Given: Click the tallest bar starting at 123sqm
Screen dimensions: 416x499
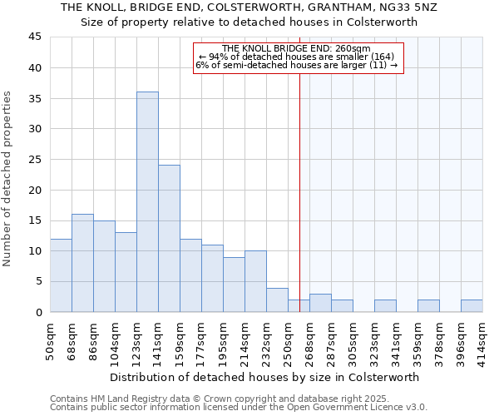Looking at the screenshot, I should click(x=147, y=201).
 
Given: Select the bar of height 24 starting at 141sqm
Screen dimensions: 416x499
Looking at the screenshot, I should click(x=169, y=238).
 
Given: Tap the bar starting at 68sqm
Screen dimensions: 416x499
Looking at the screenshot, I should click(x=82, y=263).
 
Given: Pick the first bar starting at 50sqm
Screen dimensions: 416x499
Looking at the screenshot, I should click(x=61, y=275).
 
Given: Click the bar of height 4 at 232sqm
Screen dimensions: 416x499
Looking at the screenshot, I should click(x=277, y=300).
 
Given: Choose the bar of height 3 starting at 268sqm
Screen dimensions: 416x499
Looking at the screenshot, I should click(x=320, y=303).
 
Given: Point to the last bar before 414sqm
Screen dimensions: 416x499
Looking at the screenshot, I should click(x=472, y=305).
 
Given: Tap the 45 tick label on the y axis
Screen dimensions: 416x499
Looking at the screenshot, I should click(x=34, y=37).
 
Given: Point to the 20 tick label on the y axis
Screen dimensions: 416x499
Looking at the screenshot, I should click(x=34, y=190).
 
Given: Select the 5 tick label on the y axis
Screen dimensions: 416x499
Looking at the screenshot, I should click(x=37, y=281).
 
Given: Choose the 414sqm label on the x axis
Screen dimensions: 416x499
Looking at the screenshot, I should click(x=482, y=339).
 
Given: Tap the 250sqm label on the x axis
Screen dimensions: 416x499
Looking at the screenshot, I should click(x=289, y=339).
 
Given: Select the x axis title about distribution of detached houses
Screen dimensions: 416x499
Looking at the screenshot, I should click(x=264, y=377).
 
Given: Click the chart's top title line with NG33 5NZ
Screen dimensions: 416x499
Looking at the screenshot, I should click(x=249, y=7).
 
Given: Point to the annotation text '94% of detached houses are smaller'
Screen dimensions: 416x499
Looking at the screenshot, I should click(x=298, y=57).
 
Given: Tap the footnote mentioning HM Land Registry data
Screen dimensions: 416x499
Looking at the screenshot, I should click(x=237, y=399).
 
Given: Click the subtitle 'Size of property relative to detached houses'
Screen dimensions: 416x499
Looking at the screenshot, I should click(x=249, y=22).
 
